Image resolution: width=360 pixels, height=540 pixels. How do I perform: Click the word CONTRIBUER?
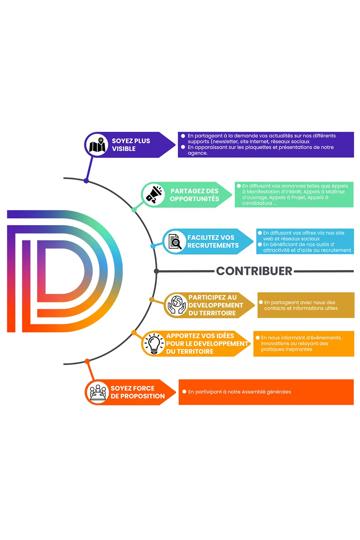pos(254,271)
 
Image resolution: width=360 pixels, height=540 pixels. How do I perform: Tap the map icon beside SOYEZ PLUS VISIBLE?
pos(97,145)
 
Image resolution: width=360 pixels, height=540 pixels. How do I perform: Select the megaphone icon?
pos(154,194)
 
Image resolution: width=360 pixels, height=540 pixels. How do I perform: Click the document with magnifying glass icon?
pos(175,241)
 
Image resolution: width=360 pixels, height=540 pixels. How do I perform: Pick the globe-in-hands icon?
pos(177,305)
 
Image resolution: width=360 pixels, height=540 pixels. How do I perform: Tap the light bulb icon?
pos(154,343)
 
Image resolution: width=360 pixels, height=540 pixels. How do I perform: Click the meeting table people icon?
pos(98,392)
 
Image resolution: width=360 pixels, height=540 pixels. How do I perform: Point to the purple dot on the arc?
pos(86,181)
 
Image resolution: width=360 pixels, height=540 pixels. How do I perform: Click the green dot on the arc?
pos(134,210)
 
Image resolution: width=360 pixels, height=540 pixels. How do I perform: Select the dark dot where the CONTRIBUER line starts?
pos(156,271)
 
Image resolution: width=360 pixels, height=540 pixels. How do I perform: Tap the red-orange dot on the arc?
pos(87,361)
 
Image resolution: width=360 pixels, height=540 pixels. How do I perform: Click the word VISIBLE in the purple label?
pos(124,149)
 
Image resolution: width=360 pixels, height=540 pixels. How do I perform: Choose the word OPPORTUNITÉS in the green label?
pos(194,199)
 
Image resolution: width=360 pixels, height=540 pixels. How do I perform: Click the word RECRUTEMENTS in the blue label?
pos(213,246)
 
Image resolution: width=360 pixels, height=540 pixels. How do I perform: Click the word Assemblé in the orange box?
pos(252,392)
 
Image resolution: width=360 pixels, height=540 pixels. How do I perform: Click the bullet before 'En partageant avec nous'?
pos(261,302)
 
